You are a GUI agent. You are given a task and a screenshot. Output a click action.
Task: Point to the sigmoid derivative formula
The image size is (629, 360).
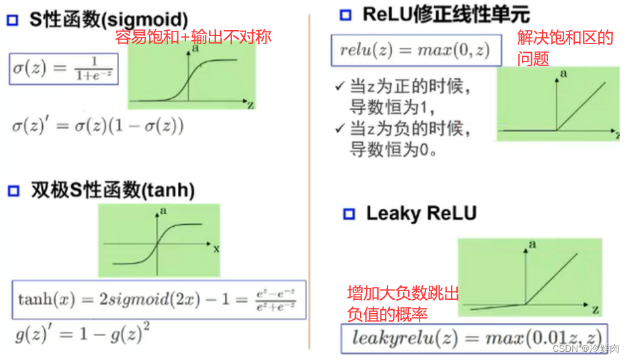(98, 125)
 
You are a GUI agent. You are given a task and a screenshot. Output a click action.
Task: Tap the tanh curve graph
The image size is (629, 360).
(159, 240)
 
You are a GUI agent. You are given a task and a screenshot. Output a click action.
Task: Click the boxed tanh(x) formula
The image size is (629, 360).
(158, 299)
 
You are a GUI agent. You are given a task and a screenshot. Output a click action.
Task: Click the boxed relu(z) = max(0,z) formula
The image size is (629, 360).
(416, 50)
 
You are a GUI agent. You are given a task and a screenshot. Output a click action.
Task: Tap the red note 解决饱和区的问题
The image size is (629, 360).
(564, 48)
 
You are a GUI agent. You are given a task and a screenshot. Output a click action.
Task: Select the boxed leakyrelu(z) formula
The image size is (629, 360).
(472, 338)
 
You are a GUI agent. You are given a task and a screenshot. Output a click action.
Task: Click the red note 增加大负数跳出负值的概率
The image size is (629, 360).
(402, 303)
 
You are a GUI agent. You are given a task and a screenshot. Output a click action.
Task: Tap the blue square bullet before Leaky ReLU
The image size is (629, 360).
(347, 214)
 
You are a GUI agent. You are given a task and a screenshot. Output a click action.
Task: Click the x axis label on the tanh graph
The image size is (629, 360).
(216, 248)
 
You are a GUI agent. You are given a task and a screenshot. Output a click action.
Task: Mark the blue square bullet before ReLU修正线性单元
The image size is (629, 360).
(345, 15)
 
